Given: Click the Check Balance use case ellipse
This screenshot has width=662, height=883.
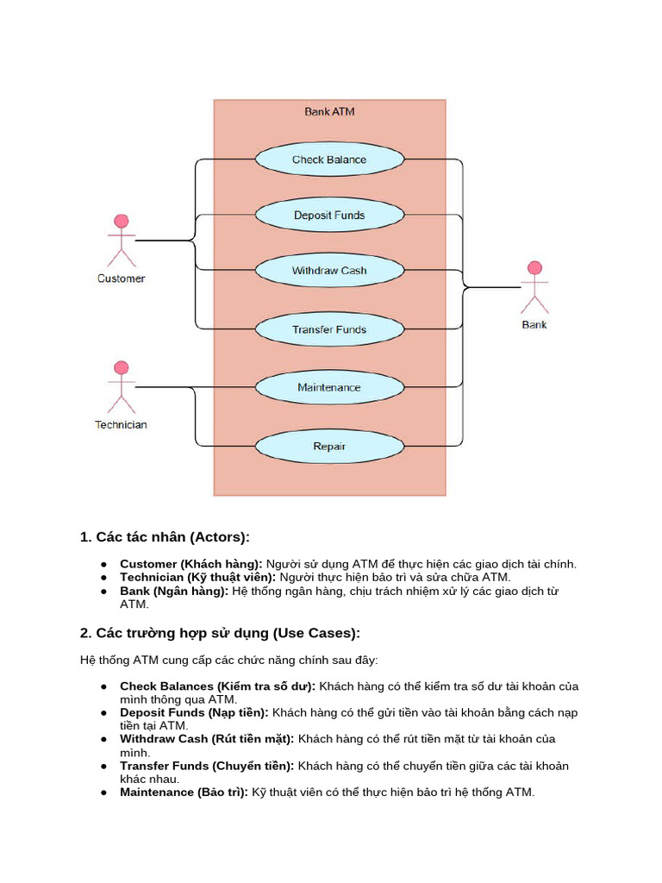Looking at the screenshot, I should click(329, 160).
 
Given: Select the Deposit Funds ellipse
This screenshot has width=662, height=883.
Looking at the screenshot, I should click(329, 216).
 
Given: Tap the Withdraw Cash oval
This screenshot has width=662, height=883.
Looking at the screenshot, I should click(329, 271).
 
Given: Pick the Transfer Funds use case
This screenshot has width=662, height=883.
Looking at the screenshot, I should click(329, 329).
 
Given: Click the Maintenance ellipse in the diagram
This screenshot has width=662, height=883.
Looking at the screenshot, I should click(329, 387).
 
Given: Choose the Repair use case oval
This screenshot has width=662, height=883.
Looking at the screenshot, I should click(329, 446).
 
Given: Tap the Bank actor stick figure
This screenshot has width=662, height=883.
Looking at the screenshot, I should click(534, 287).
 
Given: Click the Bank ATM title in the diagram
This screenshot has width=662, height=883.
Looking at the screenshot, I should click(329, 111).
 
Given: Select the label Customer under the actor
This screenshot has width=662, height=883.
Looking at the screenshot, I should click(122, 279).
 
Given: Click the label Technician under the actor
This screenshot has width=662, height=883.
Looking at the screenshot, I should click(121, 424).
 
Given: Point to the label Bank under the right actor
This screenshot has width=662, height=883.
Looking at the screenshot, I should click(534, 325).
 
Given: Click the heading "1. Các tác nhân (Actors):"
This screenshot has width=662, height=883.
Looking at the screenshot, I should click(165, 537).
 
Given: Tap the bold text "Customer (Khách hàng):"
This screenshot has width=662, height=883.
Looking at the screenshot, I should click(190, 564).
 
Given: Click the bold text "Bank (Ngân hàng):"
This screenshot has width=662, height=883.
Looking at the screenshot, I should click(174, 591).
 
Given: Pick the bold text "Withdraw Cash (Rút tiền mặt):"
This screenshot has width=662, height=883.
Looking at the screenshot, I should click(207, 739).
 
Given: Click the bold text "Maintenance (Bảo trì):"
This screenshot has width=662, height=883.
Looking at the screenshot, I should click(184, 792).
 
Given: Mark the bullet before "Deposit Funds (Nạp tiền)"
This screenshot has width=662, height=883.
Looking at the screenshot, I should click(103, 713).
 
